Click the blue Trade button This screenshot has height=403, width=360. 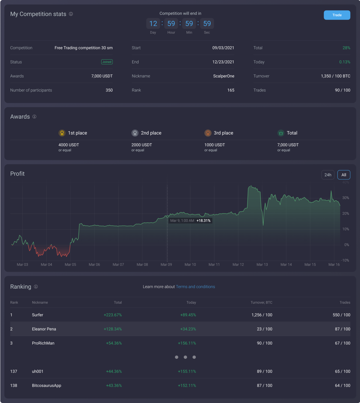click(337, 15)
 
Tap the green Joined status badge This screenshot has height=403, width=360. click(107, 62)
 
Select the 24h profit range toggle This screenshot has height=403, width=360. click(328, 175)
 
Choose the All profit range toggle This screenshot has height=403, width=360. click(344, 175)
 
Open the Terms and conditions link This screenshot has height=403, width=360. click(195, 287)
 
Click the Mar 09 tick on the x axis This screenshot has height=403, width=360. click(166, 265)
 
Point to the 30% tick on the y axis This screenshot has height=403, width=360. click(345, 198)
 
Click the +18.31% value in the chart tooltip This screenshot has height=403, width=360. click(203, 221)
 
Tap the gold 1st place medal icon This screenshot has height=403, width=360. click(62, 133)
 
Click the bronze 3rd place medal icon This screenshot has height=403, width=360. click(208, 133)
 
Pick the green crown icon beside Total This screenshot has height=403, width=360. click(281, 133)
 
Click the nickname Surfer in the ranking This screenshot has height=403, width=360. click(37, 315)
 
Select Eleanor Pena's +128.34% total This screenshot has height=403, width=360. click(113, 329)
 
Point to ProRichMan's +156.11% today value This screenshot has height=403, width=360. click(187, 343)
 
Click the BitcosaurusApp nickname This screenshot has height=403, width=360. click(47, 386)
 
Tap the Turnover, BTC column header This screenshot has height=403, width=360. click(261, 302)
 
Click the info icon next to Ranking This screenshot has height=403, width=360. click(36, 287)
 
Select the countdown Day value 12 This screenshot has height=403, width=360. click(153, 23)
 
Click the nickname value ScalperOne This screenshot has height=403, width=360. click(223, 76)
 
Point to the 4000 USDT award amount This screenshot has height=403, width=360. click(69, 145)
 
